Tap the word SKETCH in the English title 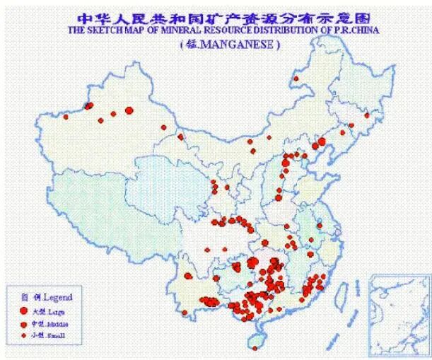coord(108,30)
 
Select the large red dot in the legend coord(23,310)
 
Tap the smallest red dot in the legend coord(23,335)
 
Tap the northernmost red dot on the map coord(296,79)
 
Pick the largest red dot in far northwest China coord(129,110)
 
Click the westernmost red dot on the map coord(89,106)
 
